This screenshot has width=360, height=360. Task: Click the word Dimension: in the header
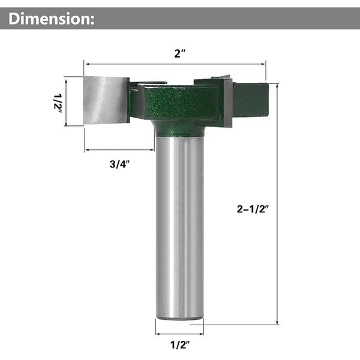click(52, 19)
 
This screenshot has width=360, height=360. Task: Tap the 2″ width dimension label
click(180, 54)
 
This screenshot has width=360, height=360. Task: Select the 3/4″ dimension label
click(119, 164)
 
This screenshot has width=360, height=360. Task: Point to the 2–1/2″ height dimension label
click(253, 209)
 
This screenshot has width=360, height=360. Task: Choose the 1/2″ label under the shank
click(180, 345)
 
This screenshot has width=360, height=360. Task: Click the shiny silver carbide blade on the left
click(106, 100)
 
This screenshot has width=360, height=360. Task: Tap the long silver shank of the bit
click(179, 227)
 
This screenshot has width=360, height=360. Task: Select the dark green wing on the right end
click(251, 100)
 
